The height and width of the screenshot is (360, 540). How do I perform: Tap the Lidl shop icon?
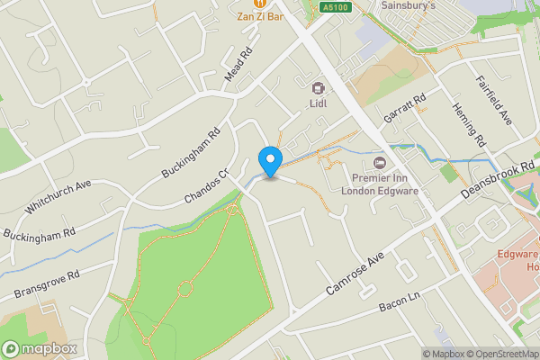(x=318, y=88)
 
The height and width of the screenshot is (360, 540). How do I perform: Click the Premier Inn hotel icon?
(x=379, y=163)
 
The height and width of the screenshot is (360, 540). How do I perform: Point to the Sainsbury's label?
(x=408, y=5)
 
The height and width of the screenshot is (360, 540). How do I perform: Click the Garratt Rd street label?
(x=405, y=112)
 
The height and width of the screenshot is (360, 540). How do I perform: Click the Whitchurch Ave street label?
(x=59, y=197)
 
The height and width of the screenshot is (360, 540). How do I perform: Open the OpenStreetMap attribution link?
(x=499, y=354)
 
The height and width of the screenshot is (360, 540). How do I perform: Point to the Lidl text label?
(x=318, y=103)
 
